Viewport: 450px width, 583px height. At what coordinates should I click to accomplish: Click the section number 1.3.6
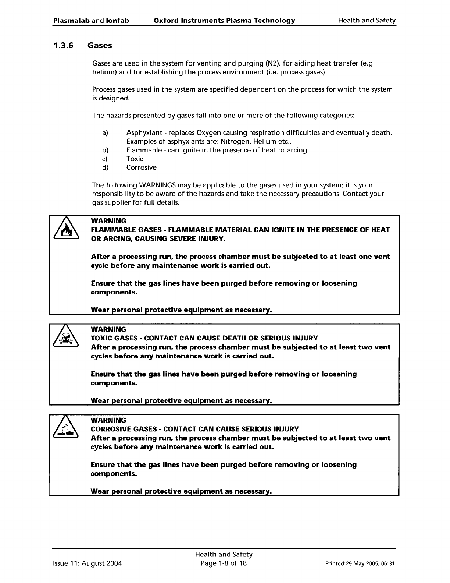tap(63, 46)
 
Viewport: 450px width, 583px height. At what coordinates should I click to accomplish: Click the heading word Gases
tap(100, 46)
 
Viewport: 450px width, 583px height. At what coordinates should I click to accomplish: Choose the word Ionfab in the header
tap(117, 21)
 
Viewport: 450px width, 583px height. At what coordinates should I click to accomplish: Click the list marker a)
tap(105, 133)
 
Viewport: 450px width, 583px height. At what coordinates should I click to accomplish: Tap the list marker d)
tap(105, 168)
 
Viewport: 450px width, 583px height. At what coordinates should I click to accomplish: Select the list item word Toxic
tap(135, 159)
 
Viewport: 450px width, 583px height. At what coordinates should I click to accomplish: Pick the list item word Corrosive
tap(141, 168)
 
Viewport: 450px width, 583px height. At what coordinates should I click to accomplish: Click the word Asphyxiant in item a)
tap(142, 133)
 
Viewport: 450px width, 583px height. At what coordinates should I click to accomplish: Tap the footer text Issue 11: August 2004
tap(87, 563)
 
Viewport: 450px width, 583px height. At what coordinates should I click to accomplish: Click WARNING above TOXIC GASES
tap(108, 329)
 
